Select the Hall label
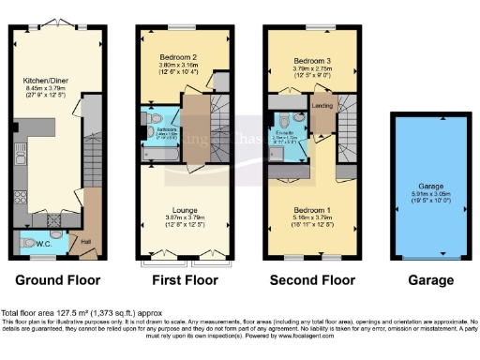pyautogui.click(x=87, y=241)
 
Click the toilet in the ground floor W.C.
pyautogui.click(x=23, y=242)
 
